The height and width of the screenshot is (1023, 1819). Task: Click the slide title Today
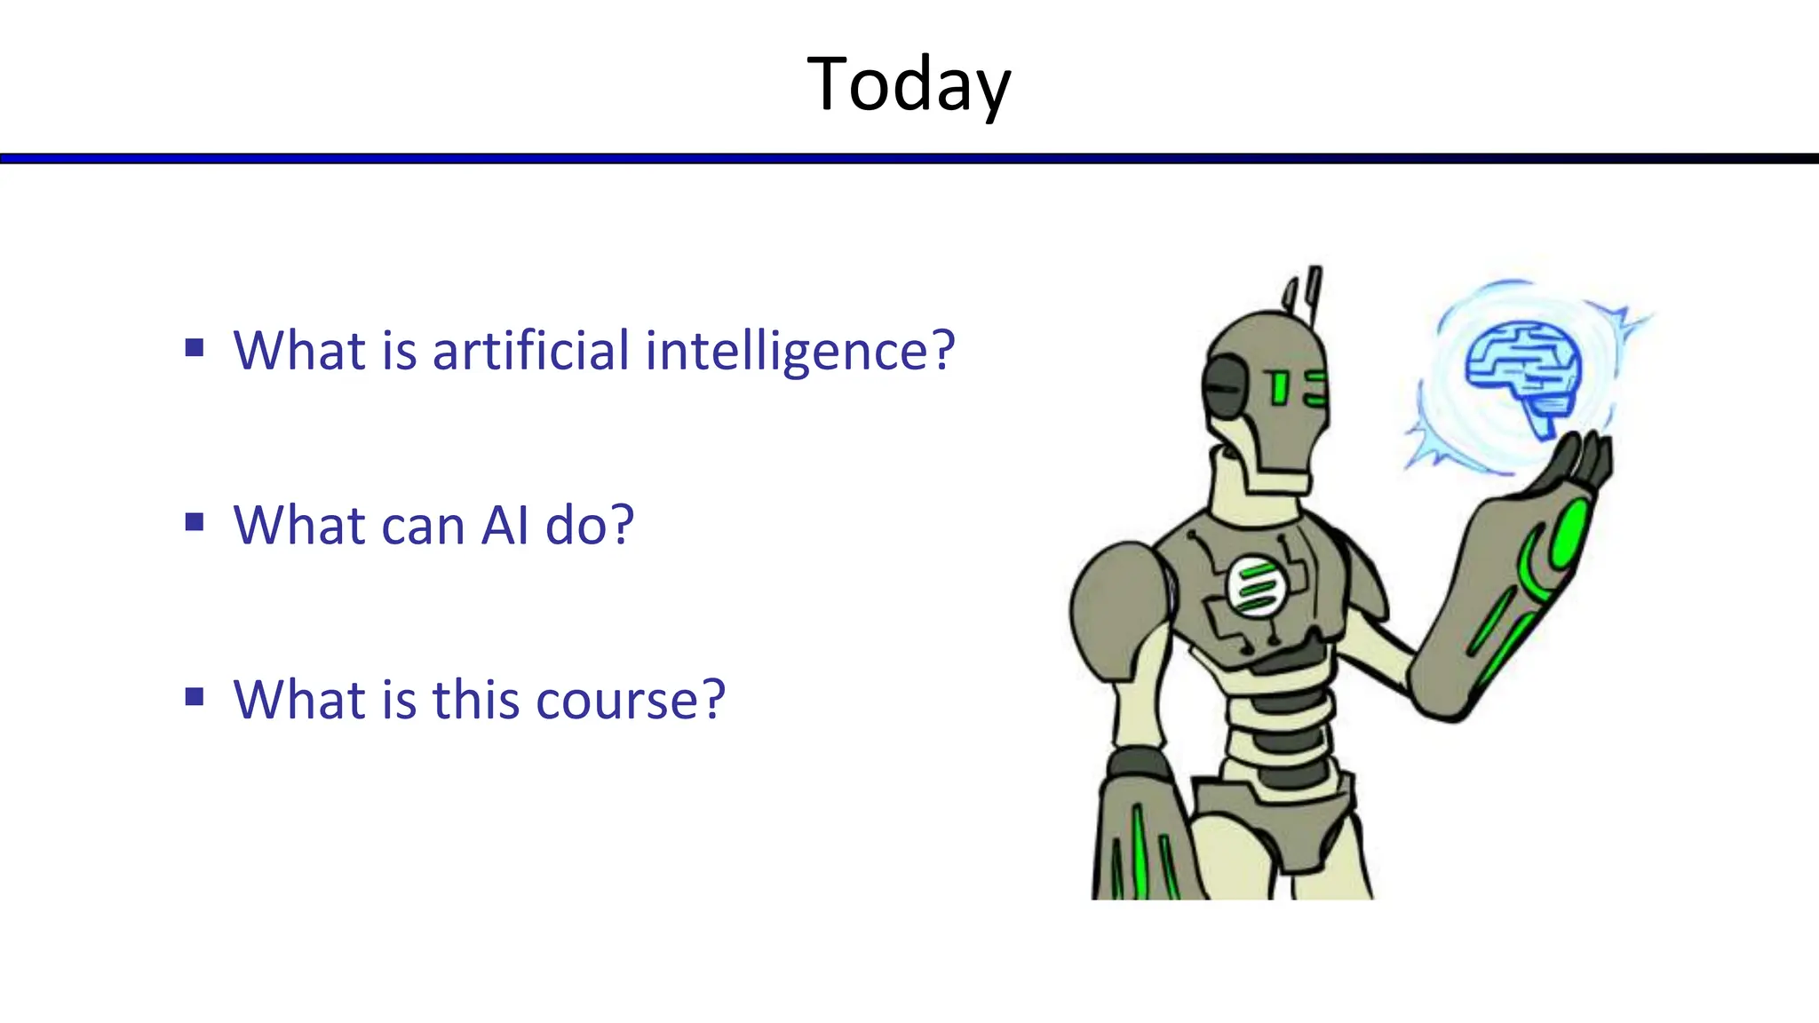(909, 84)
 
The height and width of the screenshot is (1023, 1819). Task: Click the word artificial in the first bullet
(530, 350)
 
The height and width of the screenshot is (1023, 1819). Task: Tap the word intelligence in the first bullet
(799, 352)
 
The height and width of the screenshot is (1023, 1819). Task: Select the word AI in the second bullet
(505, 525)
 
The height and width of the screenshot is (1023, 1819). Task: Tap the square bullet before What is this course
(195, 696)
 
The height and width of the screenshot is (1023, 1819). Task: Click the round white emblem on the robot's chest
(1256, 586)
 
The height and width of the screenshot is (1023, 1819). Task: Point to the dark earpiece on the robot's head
(1224, 388)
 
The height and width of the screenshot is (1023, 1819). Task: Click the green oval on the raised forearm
(1570, 533)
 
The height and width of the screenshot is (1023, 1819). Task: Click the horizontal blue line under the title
(909, 158)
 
